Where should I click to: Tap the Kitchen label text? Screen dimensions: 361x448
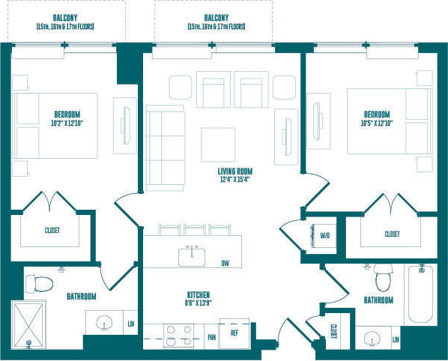[199, 294]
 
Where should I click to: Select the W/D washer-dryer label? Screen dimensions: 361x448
[325, 235]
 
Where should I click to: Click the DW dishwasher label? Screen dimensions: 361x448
[225, 263]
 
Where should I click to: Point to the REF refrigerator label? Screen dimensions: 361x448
[234, 333]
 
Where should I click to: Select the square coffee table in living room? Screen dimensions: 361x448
[218, 145]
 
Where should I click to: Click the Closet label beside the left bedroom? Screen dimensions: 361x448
[52, 230]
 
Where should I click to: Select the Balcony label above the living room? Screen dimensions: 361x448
[217, 16]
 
